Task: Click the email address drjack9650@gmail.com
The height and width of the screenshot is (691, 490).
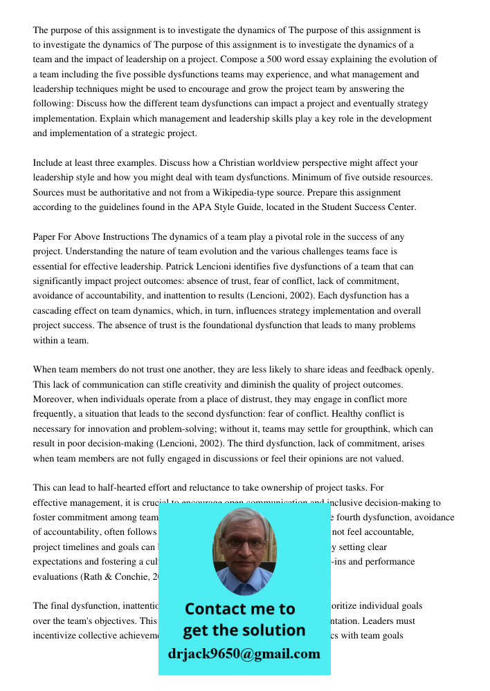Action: click(244, 653)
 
